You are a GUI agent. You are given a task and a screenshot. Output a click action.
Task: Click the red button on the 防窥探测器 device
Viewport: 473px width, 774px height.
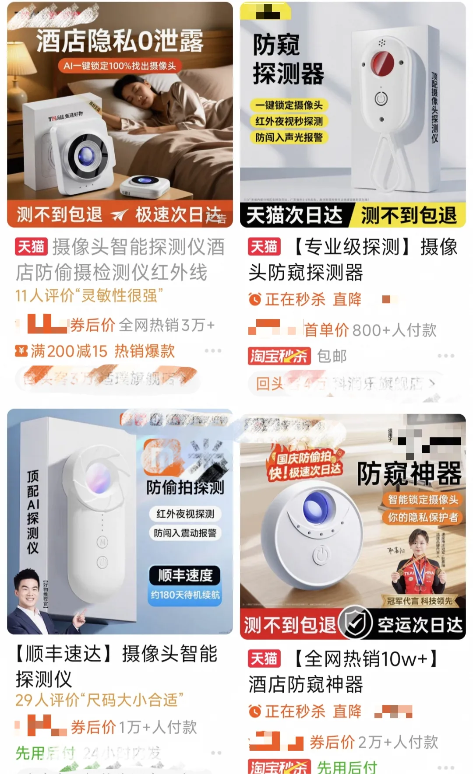tap(382, 63)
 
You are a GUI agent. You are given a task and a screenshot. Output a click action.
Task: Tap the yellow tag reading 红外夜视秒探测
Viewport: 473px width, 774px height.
tap(289, 121)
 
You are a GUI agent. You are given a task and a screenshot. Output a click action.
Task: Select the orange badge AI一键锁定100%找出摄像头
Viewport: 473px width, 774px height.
tap(120, 66)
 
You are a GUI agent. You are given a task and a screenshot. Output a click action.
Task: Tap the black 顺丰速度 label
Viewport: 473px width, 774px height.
tap(185, 575)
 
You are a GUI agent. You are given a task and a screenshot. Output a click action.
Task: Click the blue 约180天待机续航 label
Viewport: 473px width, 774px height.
tap(185, 595)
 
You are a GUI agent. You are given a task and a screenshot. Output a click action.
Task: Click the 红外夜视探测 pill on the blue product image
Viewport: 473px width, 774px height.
tap(185, 514)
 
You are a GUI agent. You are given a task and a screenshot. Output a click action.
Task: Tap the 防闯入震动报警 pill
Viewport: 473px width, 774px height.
tap(185, 533)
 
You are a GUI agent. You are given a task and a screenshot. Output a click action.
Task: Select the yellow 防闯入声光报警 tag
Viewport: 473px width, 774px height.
tap(289, 137)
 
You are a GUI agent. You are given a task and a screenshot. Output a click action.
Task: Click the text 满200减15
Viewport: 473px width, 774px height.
tap(69, 351)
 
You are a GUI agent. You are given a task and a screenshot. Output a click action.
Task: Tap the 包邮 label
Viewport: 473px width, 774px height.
tap(332, 356)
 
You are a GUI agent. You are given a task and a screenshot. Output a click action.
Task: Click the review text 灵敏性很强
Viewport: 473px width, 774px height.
tap(119, 296)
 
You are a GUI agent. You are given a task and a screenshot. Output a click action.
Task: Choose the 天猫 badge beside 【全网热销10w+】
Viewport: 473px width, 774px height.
tap(264, 658)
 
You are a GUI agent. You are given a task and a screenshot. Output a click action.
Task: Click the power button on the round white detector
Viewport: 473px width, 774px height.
tap(321, 556)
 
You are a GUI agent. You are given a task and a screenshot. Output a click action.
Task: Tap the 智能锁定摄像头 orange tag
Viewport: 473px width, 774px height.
tap(422, 499)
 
